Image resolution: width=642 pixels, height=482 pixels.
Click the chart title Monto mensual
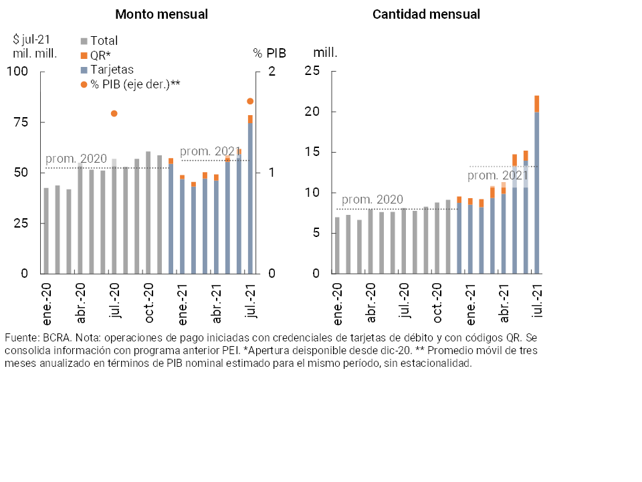point(161,14)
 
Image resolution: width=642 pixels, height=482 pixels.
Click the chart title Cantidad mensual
point(426,14)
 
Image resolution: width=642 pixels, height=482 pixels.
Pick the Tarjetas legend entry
point(110,69)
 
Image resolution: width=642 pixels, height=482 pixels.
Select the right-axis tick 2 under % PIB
point(272,72)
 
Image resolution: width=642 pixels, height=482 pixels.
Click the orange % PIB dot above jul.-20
point(114,114)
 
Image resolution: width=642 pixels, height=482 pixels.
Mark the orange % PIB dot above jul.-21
point(250,101)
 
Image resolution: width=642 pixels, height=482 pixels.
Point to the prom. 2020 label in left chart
point(76,159)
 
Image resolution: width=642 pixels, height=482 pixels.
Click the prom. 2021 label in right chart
point(498,175)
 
